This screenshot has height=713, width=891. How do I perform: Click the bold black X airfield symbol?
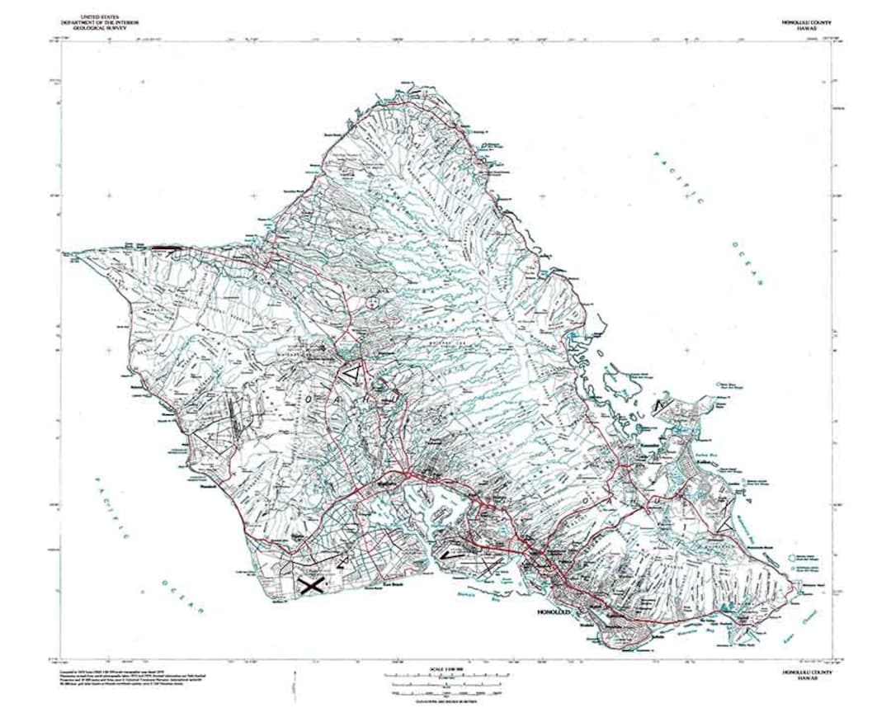click(x=310, y=585)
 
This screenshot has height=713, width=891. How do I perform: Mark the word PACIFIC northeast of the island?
click(x=678, y=177)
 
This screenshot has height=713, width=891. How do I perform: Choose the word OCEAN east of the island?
click(x=747, y=264)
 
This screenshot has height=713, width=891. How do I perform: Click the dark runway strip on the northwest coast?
click(x=164, y=246)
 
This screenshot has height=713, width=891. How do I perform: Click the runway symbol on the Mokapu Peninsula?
click(x=663, y=406)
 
